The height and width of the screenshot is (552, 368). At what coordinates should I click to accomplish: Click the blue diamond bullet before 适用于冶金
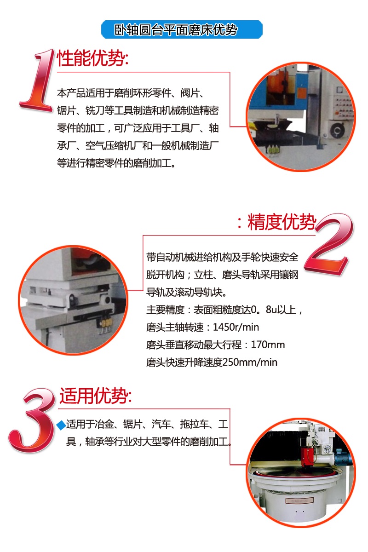[x=61, y=425]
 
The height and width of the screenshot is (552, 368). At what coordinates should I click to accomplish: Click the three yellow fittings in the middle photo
[x=105, y=325]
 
